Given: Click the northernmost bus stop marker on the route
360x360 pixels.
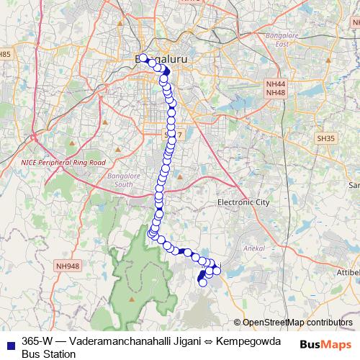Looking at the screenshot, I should tap(143, 58).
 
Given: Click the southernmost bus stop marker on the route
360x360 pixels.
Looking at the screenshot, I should tap(202, 282).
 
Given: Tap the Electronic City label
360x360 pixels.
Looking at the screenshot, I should tap(243, 203).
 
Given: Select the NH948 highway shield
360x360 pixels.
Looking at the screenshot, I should tap(67, 266).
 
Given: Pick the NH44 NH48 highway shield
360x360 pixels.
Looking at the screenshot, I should tap(276, 89).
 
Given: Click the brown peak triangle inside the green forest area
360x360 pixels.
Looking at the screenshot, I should tap(132, 297).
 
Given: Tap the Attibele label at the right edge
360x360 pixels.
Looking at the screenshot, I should tap(348, 274).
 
